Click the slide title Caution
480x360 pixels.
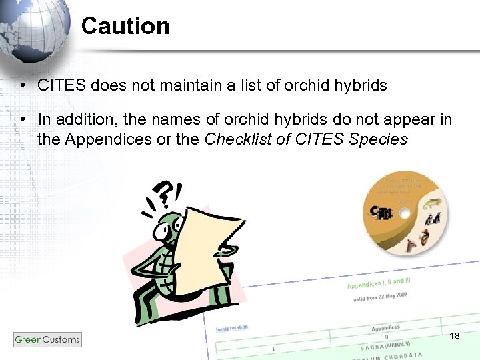coord(125,27)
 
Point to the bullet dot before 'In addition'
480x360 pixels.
coord(23,120)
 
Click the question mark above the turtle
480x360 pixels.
coord(162,195)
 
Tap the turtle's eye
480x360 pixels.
coord(163,230)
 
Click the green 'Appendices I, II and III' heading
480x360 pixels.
coord(378,284)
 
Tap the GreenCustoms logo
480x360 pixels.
coord(47,339)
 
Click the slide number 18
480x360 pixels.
coord(455,335)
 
